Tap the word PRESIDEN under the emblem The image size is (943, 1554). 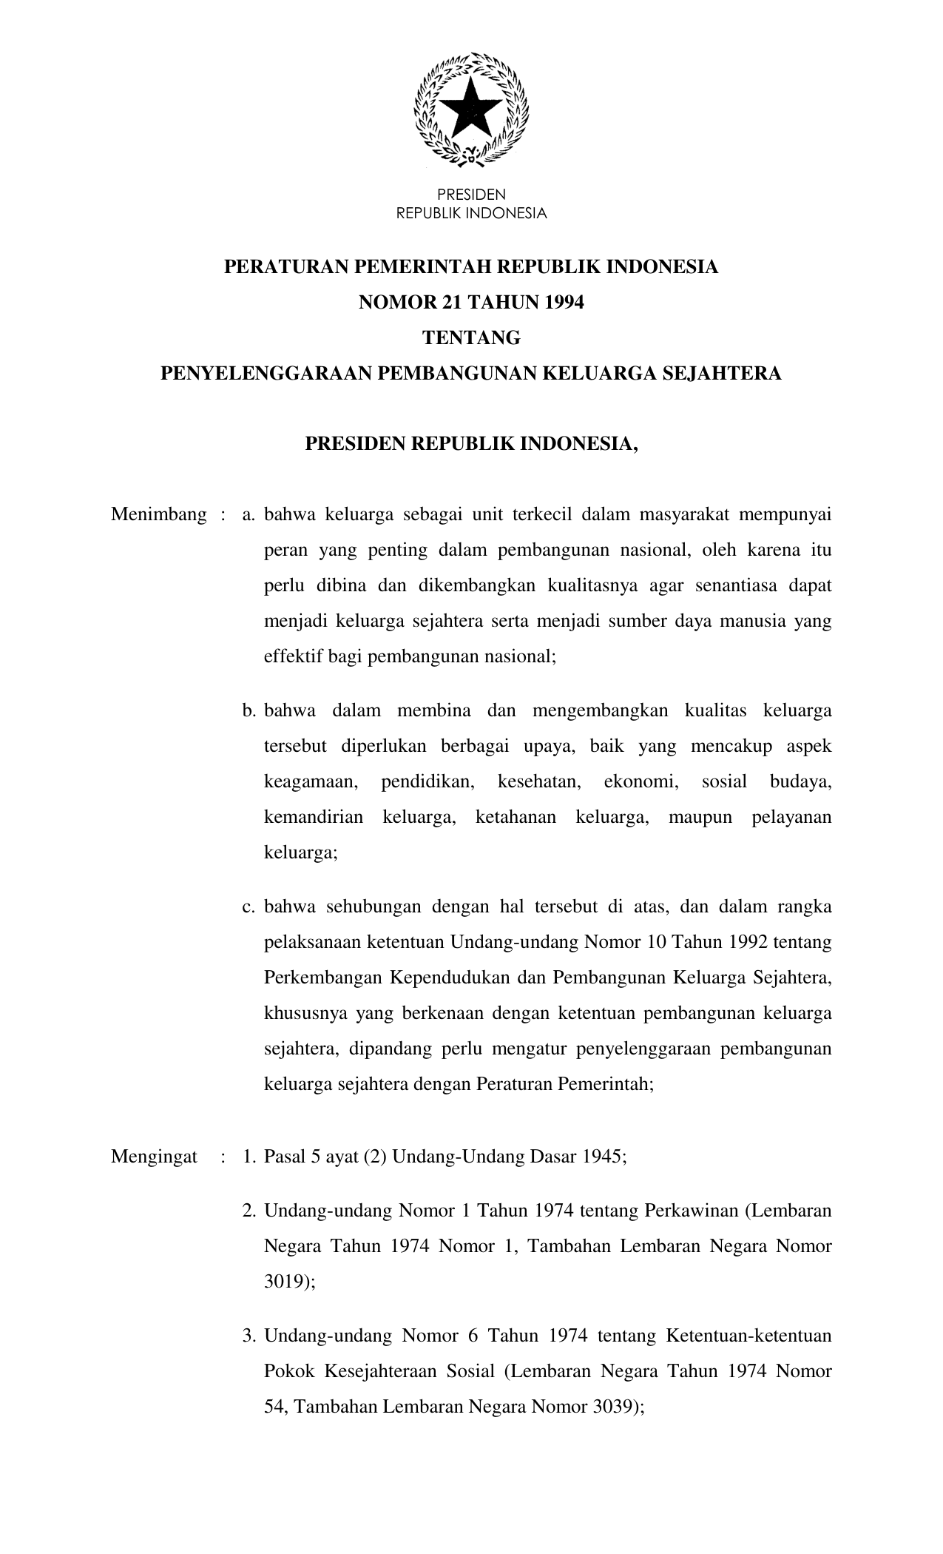click(x=471, y=195)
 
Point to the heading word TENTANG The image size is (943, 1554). click(x=471, y=338)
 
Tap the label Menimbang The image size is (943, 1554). click(x=158, y=515)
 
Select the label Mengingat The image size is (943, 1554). click(x=154, y=1157)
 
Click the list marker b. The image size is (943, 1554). click(x=249, y=711)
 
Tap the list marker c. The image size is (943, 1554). click(x=249, y=907)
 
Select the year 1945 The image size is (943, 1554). click(x=601, y=1157)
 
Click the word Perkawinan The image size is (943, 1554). click(x=692, y=1211)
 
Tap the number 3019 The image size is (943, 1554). click(x=286, y=1282)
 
